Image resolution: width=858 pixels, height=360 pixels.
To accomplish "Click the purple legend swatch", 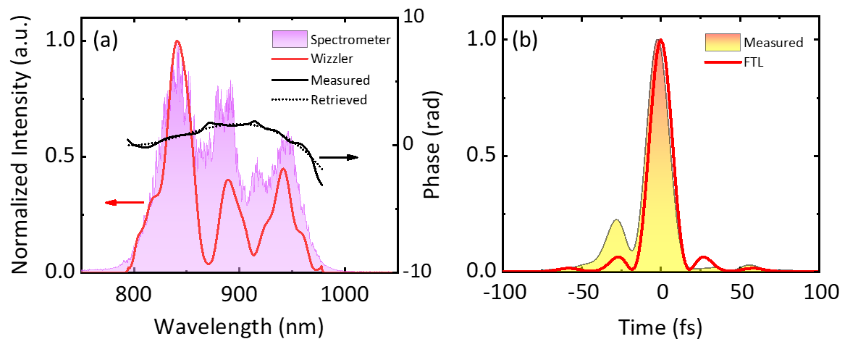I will point(290,39).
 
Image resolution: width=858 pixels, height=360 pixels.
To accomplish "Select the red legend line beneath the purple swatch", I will point(290,59).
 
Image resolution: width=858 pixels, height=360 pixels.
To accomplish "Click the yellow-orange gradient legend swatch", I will point(723,42).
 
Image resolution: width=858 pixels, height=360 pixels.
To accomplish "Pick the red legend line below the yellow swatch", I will point(723,62).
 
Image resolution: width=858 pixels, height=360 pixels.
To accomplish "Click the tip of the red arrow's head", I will point(106,203).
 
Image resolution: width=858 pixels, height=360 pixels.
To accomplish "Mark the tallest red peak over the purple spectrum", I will point(177,41).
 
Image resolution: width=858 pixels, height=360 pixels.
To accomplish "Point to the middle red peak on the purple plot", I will point(228,180).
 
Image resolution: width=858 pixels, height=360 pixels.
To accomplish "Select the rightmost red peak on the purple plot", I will point(283,169).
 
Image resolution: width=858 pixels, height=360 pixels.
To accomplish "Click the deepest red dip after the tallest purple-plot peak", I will point(209,264).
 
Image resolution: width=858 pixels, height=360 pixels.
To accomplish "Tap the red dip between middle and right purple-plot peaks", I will point(254,255).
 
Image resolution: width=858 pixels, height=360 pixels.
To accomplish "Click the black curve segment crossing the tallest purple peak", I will point(177,135).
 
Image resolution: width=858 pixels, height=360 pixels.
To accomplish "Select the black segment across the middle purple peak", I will point(225,125).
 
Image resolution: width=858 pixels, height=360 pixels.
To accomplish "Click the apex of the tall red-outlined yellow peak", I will point(660,40).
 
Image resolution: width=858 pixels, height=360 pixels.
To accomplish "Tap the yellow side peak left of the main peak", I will point(616,222).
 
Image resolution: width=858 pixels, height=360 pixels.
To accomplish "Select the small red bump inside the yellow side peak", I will point(618,257).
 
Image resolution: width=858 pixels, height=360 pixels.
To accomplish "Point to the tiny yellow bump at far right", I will point(750,267).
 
